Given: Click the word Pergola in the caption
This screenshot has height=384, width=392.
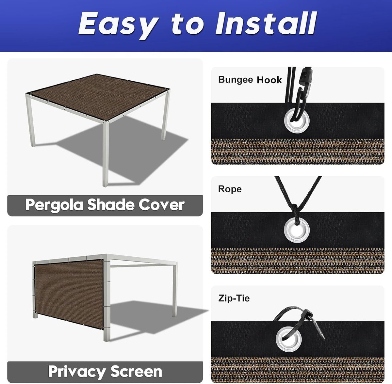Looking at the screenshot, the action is coord(54,205).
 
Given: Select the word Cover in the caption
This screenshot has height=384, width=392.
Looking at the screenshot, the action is coord(161,204).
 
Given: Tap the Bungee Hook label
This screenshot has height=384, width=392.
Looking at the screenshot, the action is coord(250,80).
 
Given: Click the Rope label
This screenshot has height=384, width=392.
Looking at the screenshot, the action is coord(230,189).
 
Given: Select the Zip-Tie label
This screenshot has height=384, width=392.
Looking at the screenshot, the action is coord(234,298).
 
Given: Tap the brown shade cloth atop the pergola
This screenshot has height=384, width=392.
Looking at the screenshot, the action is coord(100,96).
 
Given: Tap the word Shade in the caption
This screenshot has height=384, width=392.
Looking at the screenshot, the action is coord(111,204).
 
